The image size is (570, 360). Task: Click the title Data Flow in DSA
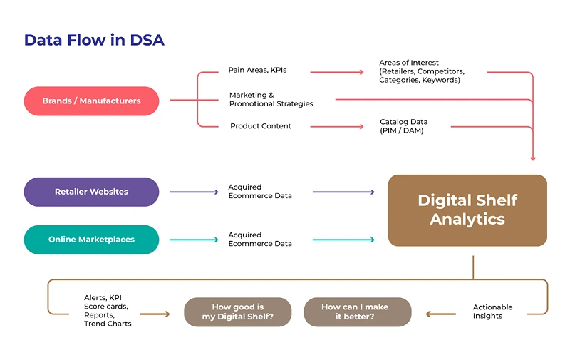pos(94,40)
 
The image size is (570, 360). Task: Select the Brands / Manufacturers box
pos(91,101)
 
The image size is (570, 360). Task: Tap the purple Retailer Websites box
pos(91,192)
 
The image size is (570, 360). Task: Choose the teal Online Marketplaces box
pos(91,240)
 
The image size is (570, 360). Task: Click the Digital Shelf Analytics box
pos(467,210)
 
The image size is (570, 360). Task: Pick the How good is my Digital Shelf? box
pos(238,312)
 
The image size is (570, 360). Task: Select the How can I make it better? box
pos(357,312)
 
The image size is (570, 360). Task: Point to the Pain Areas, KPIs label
pos(257,71)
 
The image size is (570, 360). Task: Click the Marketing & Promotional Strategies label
pos(271,99)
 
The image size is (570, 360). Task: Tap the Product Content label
pos(260,126)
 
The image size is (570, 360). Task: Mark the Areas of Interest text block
pos(421,71)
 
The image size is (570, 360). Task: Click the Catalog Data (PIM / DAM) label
pos(403,126)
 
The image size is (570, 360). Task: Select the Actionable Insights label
pos(492,312)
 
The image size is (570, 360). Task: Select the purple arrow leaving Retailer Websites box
pos(193,192)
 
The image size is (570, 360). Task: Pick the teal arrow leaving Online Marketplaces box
pos(193,240)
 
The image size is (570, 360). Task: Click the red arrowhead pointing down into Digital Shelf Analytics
pos(533,158)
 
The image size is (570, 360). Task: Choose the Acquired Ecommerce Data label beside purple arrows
pos(259,191)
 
